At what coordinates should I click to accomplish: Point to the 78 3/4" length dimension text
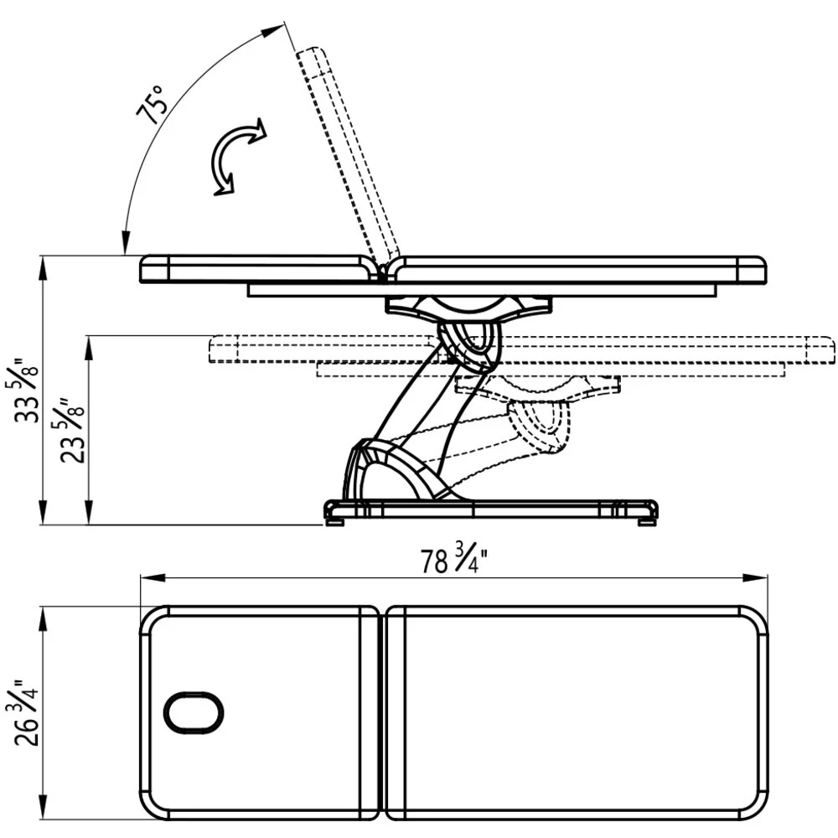click(x=454, y=558)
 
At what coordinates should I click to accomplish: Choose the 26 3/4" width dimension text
click(x=25, y=712)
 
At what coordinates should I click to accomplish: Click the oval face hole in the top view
click(x=193, y=713)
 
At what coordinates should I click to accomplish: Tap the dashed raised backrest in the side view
click(x=347, y=156)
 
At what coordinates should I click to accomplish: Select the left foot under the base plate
click(x=335, y=521)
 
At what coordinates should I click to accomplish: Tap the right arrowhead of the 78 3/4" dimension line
click(x=755, y=577)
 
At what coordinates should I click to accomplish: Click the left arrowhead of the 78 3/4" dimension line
click(x=153, y=577)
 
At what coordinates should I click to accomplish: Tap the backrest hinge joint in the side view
click(x=383, y=271)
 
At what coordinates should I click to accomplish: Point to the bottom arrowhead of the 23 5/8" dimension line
click(x=89, y=512)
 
